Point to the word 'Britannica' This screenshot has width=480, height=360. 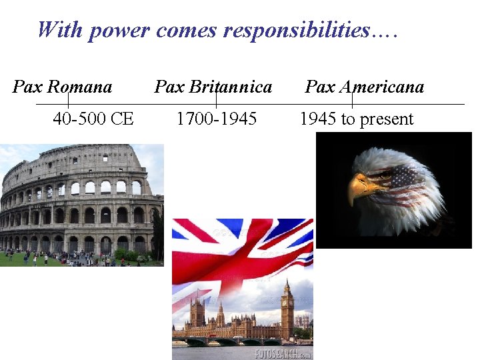tap(230, 87)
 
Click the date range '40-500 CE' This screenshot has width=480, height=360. tap(93, 119)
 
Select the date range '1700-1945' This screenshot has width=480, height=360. tap(216, 119)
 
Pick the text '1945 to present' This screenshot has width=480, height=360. tap(357, 119)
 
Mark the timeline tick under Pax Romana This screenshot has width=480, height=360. tap(69, 100)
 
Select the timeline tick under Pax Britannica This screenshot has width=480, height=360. tap(216, 100)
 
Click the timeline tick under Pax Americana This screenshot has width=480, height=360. tap(353, 100)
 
